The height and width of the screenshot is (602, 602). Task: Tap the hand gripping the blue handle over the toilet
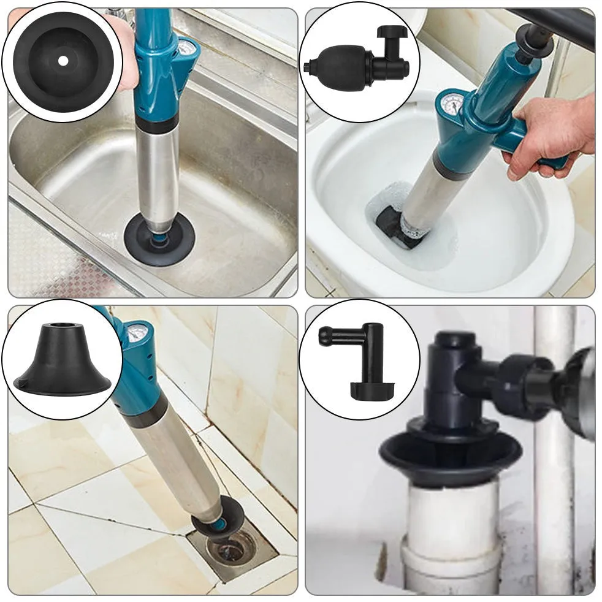(x=552, y=135)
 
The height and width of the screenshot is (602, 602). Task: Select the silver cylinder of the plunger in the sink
(x=158, y=178)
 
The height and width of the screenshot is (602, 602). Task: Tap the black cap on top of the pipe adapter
(x=455, y=339)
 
